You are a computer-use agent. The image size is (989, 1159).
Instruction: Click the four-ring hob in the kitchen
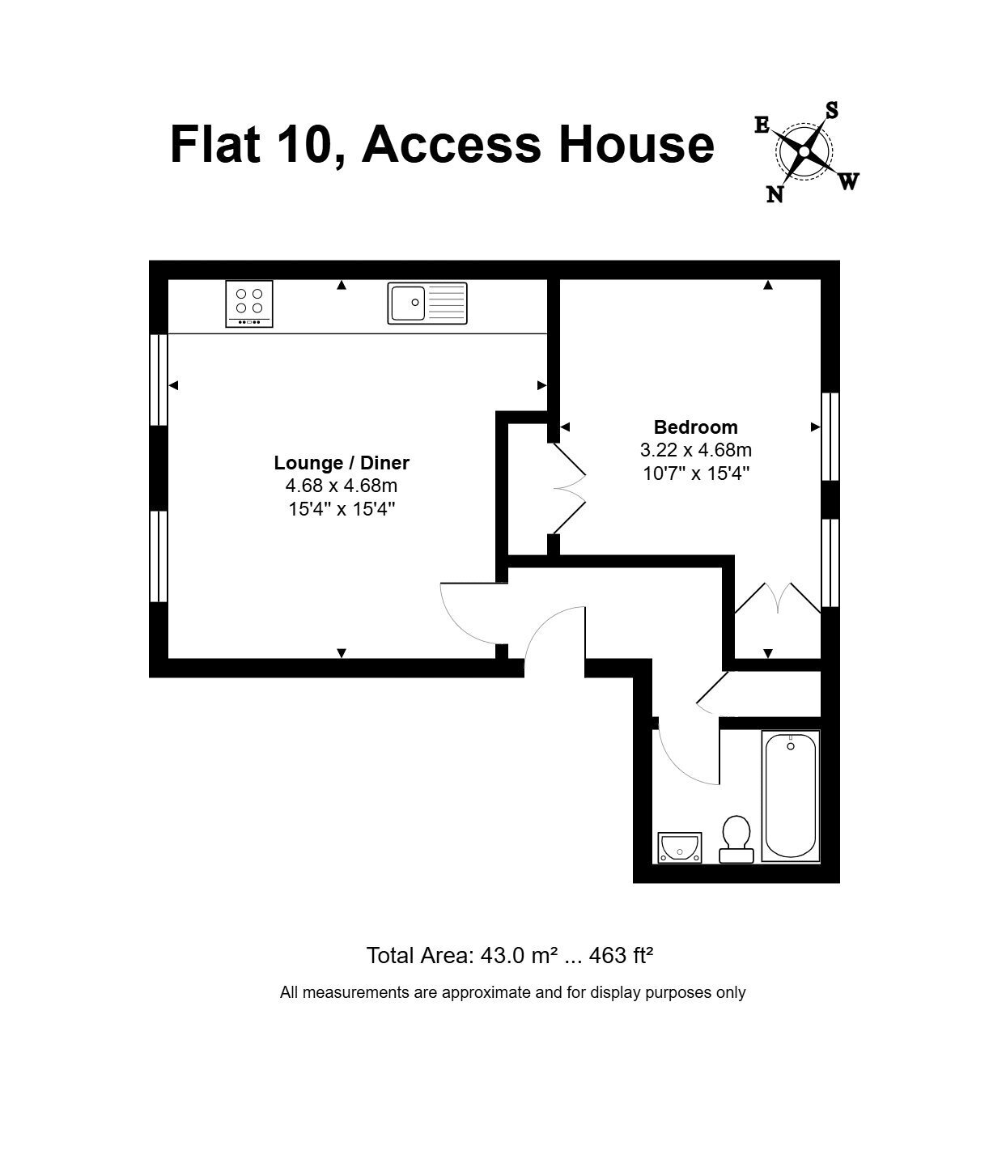point(249,304)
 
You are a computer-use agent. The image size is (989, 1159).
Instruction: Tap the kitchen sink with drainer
point(428,304)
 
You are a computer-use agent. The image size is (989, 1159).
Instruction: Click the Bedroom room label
point(696,428)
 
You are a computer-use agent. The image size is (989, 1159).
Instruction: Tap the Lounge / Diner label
point(342,463)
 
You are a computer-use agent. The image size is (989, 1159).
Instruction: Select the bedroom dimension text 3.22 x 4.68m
point(696,451)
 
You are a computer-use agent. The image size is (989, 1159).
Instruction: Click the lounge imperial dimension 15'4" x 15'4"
point(342,510)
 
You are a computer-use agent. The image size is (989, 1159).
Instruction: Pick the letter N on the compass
point(775,194)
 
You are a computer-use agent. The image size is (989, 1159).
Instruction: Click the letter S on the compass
point(832,110)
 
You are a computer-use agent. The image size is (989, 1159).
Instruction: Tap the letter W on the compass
point(849,181)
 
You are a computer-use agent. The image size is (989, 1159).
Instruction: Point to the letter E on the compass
point(762,125)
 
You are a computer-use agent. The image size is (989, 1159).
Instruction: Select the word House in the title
point(638,145)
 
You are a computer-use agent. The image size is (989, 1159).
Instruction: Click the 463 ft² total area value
point(622,956)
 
